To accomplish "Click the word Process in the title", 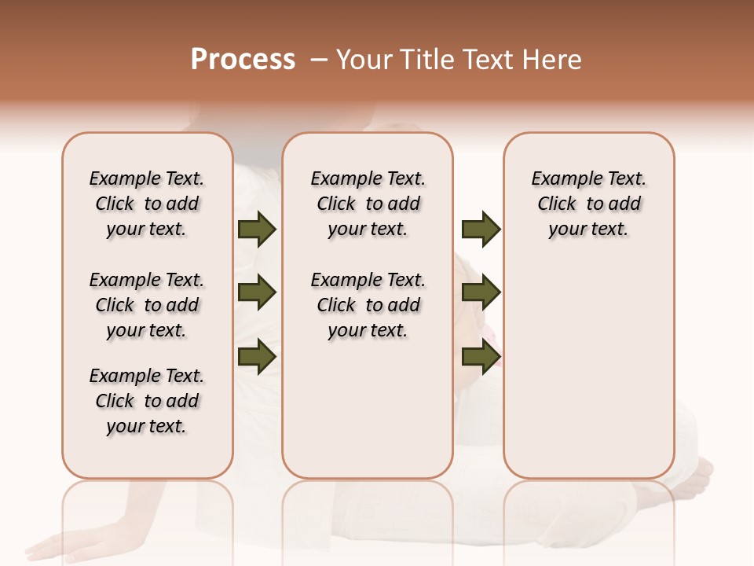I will click(243, 59).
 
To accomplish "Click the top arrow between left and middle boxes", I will click(257, 230).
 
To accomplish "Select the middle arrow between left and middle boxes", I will click(257, 293).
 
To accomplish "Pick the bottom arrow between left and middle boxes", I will click(257, 356).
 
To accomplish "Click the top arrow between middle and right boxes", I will click(481, 230).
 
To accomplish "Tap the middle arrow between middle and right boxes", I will click(481, 293).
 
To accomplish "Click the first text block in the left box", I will click(147, 204).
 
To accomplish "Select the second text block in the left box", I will click(147, 305).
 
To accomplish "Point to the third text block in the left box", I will click(147, 401).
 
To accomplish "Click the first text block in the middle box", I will click(368, 204).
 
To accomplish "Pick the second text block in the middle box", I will click(368, 305).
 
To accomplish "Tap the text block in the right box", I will click(588, 204).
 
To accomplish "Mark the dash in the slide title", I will click(319, 60).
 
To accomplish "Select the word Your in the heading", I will click(363, 60).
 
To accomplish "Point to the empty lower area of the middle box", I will click(368, 409).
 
